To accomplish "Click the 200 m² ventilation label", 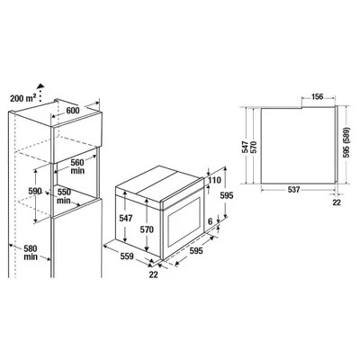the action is pyautogui.click(x=23, y=98).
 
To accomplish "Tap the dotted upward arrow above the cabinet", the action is pyautogui.click(x=40, y=93).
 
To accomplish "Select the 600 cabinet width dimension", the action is pyautogui.click(x=73, y=111).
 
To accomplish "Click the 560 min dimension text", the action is pyautogui.click(x=77, y=166).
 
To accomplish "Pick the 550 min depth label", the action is pyautogui.click(x=64, y=196).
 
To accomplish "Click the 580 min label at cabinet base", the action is pyautogui.click(x=31, y=253).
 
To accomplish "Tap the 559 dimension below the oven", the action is pyautogui.click(x=127, y=256).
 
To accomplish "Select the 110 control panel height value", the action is pyautogui.click(x=214, y=180).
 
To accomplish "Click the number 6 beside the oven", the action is pyautogui.click(x=210, y=221).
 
